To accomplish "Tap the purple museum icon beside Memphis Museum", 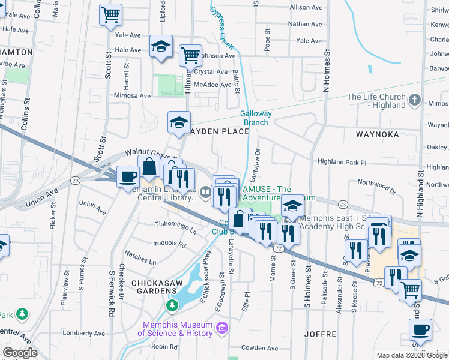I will pos(222,328).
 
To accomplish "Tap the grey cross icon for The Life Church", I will pos(414,100).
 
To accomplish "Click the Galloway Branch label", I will pos(256,118).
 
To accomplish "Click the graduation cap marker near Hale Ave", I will pos(161,47).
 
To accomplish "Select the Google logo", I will pos(20,353).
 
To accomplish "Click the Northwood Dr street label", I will pos(376,186).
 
